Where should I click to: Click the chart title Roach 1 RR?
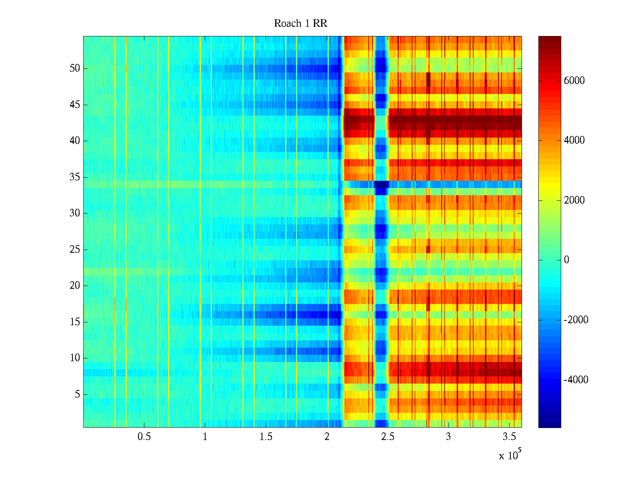[300, 24]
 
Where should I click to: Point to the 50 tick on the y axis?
[75, 68]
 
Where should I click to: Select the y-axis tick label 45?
[75, 105]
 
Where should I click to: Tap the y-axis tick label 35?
[75, 177]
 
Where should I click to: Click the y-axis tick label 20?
[75, 286]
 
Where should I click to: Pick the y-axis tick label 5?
[77, 394]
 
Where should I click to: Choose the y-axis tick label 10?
[75, 358]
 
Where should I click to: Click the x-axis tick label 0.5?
[144, 437]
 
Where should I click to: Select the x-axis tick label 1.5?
[266, 437]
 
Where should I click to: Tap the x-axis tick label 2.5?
[388, 437]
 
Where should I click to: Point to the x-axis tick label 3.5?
[509, 437]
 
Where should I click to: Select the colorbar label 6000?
[574, 81]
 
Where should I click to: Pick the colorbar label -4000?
[576, 380]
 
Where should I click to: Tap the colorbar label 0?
[566, 260]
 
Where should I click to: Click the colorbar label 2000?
[574, 200]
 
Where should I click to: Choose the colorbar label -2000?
[576, 320]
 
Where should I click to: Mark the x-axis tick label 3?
[448, 437]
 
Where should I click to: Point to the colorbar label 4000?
[574, 140]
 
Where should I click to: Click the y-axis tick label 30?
[75, 213]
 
